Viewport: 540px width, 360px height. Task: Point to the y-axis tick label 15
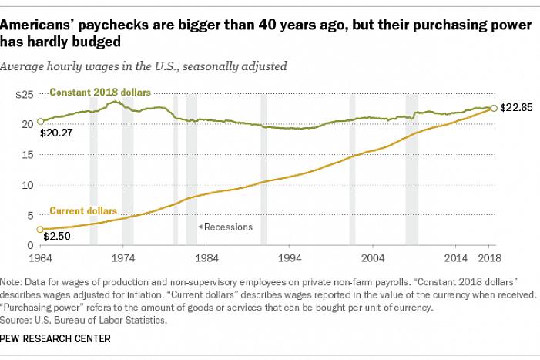click(x=26, y=154)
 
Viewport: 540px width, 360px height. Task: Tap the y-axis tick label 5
click(x=29, y=215)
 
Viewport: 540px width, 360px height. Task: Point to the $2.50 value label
click(x=53, y=235)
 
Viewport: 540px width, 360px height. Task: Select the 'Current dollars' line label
click(x=82, y=210)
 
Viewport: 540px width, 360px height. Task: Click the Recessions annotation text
click(x=229, y=227)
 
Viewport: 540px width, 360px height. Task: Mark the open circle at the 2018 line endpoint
click(x=494, y=109)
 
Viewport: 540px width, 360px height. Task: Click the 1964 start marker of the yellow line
click(x=39, y=229)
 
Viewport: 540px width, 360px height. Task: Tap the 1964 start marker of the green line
click(x=39, y=122)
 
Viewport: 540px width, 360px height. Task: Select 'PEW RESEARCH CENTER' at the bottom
click(x=55, y=338)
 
